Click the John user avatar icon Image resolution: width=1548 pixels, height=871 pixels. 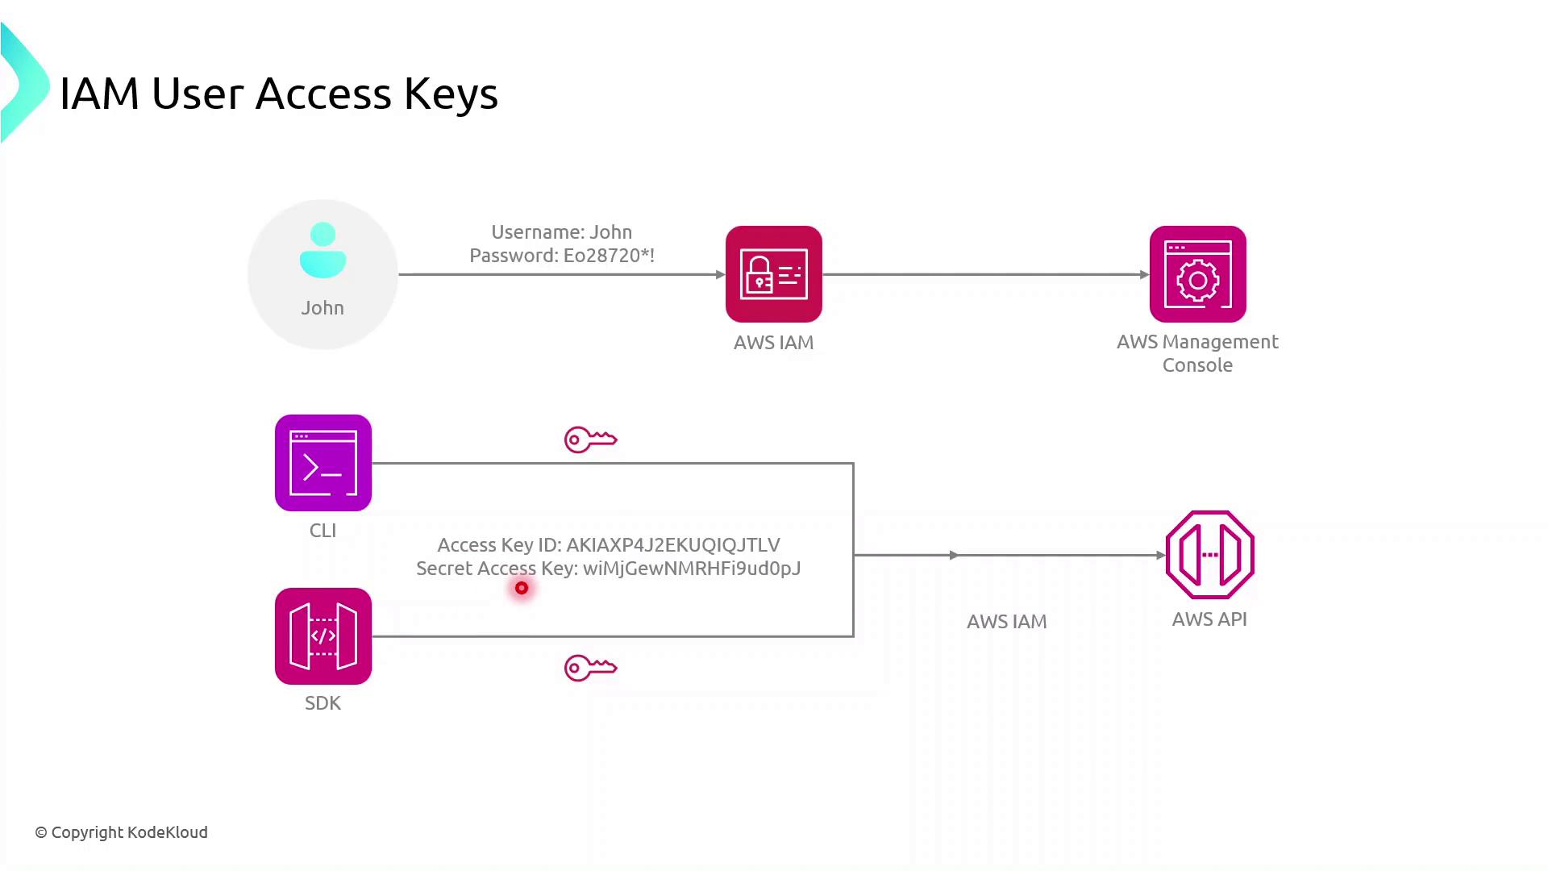322,250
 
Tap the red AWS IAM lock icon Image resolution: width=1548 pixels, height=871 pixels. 773,274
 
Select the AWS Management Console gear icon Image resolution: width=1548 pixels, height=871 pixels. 1197,274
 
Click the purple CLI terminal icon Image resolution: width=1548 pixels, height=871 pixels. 322,463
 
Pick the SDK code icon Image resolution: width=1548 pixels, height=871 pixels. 322,636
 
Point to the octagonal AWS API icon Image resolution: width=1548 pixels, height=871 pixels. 1209,555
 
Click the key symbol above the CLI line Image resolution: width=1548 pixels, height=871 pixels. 590,440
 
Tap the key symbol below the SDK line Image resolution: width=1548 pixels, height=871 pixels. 590,668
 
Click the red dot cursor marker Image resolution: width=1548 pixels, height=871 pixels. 522,588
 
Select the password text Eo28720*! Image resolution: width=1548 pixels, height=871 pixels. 609,256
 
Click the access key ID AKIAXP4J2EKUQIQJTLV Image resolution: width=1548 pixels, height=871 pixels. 672,545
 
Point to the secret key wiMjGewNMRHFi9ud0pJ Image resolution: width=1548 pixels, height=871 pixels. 691,569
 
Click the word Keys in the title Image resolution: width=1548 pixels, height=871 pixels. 451,94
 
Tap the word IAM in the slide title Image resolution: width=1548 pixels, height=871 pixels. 99,94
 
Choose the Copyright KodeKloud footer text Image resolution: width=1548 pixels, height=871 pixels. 122,832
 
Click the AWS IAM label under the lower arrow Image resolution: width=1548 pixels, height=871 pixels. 1006,622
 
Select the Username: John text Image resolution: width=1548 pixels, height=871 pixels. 561,232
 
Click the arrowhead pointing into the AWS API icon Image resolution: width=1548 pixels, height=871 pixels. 1160,555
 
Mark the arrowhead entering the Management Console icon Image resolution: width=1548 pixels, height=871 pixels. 1144,274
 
